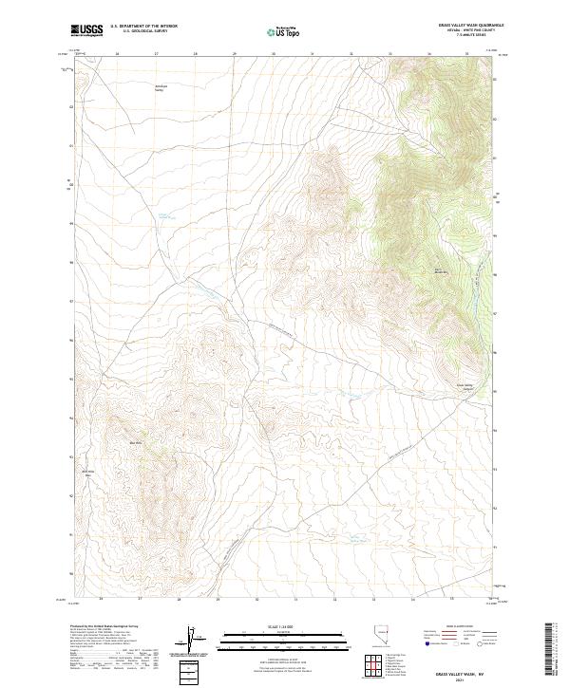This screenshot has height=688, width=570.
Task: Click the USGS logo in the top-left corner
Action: tap(86, 30)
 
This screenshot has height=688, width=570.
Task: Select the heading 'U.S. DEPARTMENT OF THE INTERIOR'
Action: tap(143, 26)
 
